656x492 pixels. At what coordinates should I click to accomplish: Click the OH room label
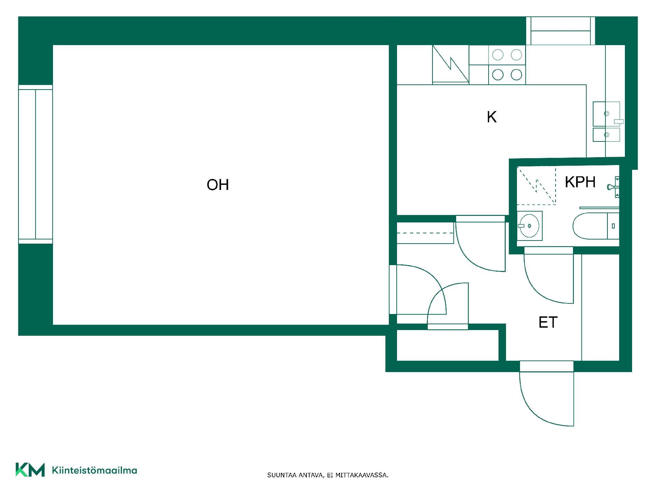[218, 185]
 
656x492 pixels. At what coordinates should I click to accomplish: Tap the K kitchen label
[492, 117]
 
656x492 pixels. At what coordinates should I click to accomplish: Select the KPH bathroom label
[580, 182]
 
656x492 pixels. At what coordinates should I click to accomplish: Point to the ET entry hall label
[548, 323]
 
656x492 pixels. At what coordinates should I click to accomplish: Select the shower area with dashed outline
[536, 185]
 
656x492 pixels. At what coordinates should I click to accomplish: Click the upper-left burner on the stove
[498, 55]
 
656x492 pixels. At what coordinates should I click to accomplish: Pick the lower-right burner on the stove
[516, 74]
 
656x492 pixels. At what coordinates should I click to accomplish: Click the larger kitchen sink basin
[606, 114]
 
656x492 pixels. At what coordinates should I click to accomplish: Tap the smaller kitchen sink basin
[606, 135]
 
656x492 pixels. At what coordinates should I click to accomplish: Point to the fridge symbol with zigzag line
[451, 65]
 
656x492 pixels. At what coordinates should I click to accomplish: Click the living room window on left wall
[36, 164]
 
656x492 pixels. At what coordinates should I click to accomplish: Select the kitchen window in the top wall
[561, 31]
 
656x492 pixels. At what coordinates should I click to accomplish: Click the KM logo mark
[30, 470]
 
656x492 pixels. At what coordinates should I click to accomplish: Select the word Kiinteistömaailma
[94, 470]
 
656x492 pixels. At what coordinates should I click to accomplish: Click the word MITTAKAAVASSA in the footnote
[361, 475]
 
